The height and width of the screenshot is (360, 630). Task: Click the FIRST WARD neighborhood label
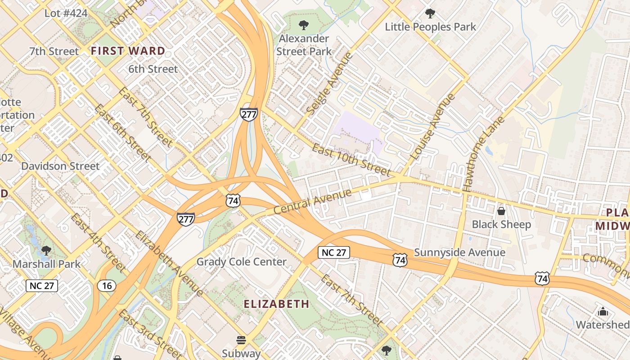coord(128,51)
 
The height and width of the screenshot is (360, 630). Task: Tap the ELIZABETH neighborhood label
coord(277,304)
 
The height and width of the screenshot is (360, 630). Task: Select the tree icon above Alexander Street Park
coord(304,24)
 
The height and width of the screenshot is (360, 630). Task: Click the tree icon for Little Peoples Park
coord(430,13)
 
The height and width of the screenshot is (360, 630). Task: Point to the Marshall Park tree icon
coord(46,250)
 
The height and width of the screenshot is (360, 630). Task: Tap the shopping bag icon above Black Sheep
coord(501,211)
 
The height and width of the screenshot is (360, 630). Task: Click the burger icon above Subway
coord(241,340)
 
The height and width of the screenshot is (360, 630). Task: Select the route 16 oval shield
coord(107,286)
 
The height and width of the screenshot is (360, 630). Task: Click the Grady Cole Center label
coord(241,262)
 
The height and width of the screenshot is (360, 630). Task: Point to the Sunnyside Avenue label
coord(459,252)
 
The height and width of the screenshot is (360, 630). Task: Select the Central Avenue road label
coord(312,202)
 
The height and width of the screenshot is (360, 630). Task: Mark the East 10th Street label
coord(351,160)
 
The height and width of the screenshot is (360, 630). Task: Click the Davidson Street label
coord(60,166)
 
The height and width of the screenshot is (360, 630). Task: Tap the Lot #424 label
coord(66,13)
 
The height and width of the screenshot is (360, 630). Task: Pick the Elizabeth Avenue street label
coord(169,264)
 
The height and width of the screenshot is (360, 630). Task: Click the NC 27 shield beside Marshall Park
coord(42,285)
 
